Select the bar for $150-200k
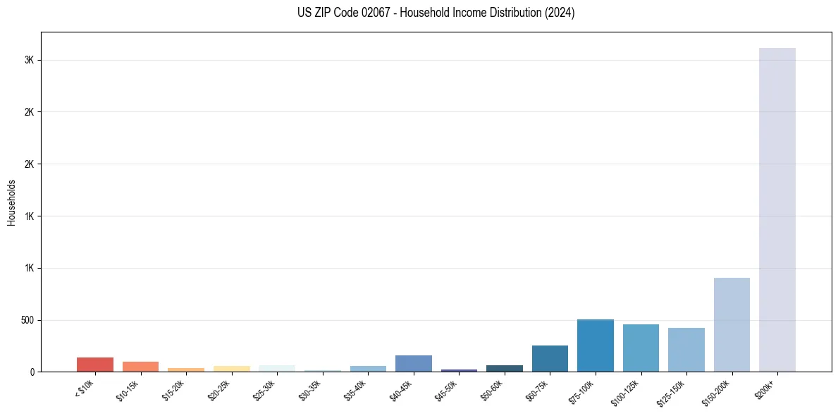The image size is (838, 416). (732, 324)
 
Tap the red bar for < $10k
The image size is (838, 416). (95, 365)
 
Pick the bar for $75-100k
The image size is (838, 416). (596, 345)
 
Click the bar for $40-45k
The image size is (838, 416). (414, 363)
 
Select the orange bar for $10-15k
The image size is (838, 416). (140, 367)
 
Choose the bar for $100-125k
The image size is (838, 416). (641, 348)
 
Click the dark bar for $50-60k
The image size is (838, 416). (505, 368)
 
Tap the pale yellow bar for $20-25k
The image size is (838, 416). (231, 369)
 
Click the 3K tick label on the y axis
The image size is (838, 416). (30, 60)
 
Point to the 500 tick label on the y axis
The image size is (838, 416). (27, 320)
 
